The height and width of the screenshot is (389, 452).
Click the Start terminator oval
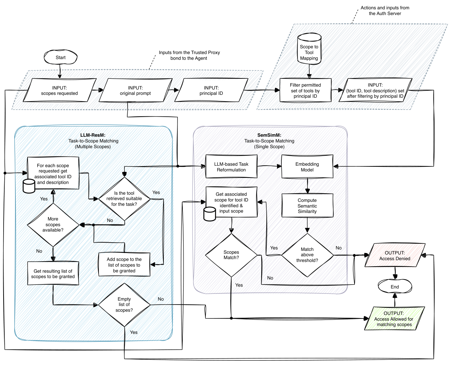tap(61, 57)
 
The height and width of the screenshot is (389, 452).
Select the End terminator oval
tap(395, 287)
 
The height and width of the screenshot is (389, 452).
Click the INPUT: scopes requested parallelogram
tap(60, 91)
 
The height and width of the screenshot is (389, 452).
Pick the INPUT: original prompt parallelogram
tap(135, 91)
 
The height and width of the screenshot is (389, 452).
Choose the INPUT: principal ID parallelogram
tap(211, 91)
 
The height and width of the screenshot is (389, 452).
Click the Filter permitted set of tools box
tap(305, 91)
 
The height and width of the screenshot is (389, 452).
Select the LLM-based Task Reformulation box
tap(231, 167)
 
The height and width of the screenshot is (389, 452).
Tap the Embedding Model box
tap(307, 167)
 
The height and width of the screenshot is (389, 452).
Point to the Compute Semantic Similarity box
tap(307, 206)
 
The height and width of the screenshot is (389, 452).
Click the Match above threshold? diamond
tap(307, 255)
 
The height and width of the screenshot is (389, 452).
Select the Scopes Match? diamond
tap(231, 255)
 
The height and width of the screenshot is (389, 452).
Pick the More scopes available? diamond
tap(53, 225)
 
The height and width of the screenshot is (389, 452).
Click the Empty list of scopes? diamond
tap(124, 305)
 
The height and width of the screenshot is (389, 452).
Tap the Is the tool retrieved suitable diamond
tap(124, 199)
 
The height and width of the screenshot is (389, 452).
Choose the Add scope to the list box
tap(124, 265)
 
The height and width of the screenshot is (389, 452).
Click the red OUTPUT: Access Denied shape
tap(395, 256)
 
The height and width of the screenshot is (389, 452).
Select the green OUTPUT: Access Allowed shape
tap(394, 319)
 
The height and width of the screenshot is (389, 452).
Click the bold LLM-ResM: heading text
tap(93, 135)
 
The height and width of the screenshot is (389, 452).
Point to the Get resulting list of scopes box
tap(53, 274)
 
